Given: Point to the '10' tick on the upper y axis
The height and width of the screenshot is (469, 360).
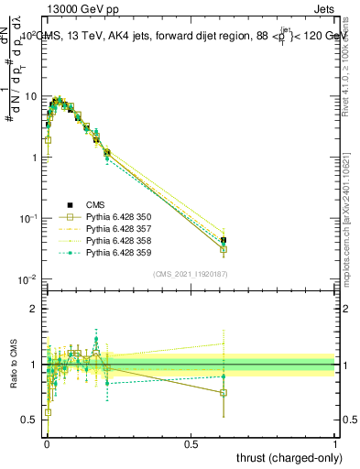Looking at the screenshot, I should [31, 96].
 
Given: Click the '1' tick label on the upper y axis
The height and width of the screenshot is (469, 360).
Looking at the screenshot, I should [35, 157].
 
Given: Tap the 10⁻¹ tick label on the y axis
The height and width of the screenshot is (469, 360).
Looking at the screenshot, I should [29, 218].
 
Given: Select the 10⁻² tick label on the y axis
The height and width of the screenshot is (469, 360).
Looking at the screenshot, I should [29, 278].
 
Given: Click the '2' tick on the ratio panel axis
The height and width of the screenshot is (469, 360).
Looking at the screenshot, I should [35, 309].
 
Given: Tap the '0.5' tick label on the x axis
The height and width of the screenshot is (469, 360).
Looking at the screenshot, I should [191, 444].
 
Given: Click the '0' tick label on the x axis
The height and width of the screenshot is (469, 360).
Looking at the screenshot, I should [46, 444].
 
